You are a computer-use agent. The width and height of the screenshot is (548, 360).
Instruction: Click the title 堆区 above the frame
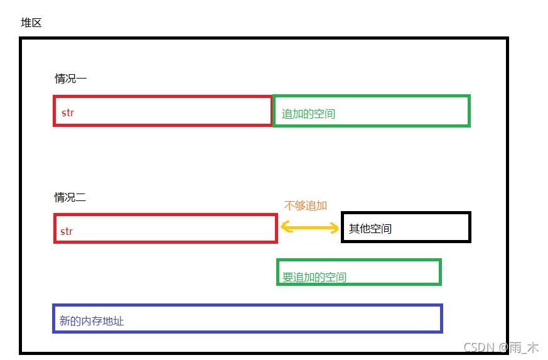[x=31, y=23]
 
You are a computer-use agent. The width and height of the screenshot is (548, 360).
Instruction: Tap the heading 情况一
[x=70, y=79]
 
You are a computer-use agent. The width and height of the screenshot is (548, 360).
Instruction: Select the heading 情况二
[x=70, y=197]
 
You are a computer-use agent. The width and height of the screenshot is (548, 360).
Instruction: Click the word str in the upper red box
[x=68, y=113]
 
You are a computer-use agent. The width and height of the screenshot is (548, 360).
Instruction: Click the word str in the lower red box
[x=67, y=231]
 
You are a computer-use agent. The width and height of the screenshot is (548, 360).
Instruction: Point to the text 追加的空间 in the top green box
[x=308, y=114]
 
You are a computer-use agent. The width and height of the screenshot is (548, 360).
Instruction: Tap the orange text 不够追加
[x=306, y=205]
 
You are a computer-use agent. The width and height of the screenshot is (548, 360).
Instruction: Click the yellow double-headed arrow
[x=309, y=227]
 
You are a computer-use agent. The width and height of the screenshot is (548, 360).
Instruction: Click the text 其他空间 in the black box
[x=370, y=229]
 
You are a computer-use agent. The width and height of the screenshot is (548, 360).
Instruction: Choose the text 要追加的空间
[x=314, y=277]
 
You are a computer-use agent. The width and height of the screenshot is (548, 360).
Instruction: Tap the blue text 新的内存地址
[x=92, y=321]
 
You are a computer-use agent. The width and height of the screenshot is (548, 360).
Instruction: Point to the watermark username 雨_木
[x=524, y=347]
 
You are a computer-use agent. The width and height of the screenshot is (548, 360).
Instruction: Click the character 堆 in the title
[x=26, y=23]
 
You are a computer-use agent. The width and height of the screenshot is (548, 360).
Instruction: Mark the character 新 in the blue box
[x=65, y=321]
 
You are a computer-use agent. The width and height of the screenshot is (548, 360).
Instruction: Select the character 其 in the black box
[x=355, y=229]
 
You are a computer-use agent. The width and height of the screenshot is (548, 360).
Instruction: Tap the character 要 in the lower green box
[x=288, y=277]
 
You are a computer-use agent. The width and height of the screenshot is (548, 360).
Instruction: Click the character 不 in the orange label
[x=289, y=205]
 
